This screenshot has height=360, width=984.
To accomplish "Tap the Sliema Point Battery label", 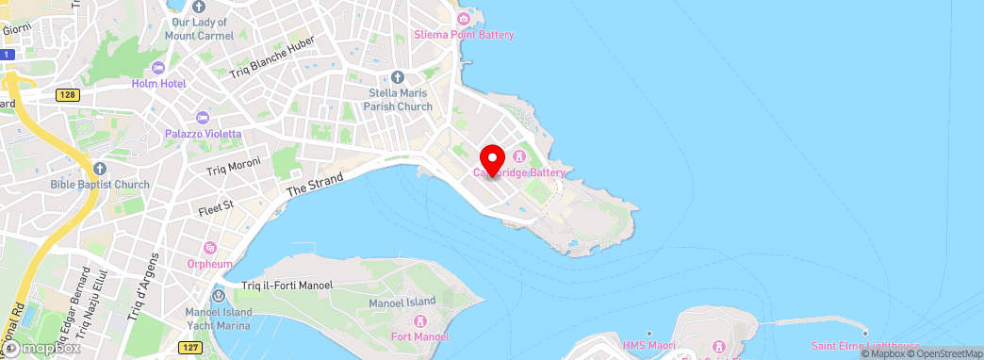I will pyautogui.click(x=464, y=35).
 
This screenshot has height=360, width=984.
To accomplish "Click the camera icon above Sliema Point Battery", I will pyautogui.click(x=463, y=19).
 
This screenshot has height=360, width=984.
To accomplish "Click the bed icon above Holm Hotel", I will pyautogui.click(x=157, y=67).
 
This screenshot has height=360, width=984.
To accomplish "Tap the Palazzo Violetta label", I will pyautogui.click(x=204, y=134).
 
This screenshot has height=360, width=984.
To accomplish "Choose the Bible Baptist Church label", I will pyautogui.click(x=100, y=184).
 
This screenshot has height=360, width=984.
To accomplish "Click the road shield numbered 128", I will pyautogui.click(x=67, y=94).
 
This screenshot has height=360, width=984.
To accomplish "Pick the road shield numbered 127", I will pyautogui.click(x=191, y=347).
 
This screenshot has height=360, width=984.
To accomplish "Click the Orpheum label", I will pyautogui.click(x=210, y=264).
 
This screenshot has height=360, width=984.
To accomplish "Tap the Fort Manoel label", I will pyautogui.click(x=419, y=336).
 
